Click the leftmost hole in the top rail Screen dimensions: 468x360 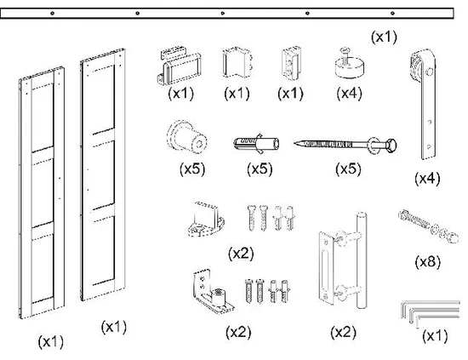tap(52, 13)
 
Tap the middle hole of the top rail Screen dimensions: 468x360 tap(222, 13)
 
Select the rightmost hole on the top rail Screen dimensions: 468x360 tap(392, 13)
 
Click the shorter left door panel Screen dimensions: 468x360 tap(42, 192)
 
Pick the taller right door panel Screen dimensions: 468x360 tap(103, 174)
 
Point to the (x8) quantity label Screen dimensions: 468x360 tap(427, 262)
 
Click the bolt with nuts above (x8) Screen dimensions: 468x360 tap(428, 226)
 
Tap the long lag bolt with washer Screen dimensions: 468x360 tap(345, 146)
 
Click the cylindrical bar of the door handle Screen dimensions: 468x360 tap(362, 260)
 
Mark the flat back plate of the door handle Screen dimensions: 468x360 tap(327, 268)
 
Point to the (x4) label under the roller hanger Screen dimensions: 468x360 tap(427, 179)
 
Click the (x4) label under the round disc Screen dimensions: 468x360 tap(349, 94)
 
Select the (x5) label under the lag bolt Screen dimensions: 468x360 tap(348, 169)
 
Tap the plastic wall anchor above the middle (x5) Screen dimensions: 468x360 tap(256, 144)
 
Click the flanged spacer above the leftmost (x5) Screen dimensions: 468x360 tap(187, 137)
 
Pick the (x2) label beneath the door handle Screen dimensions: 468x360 tap(343, 332)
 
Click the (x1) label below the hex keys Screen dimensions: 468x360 tap(435, 336)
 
